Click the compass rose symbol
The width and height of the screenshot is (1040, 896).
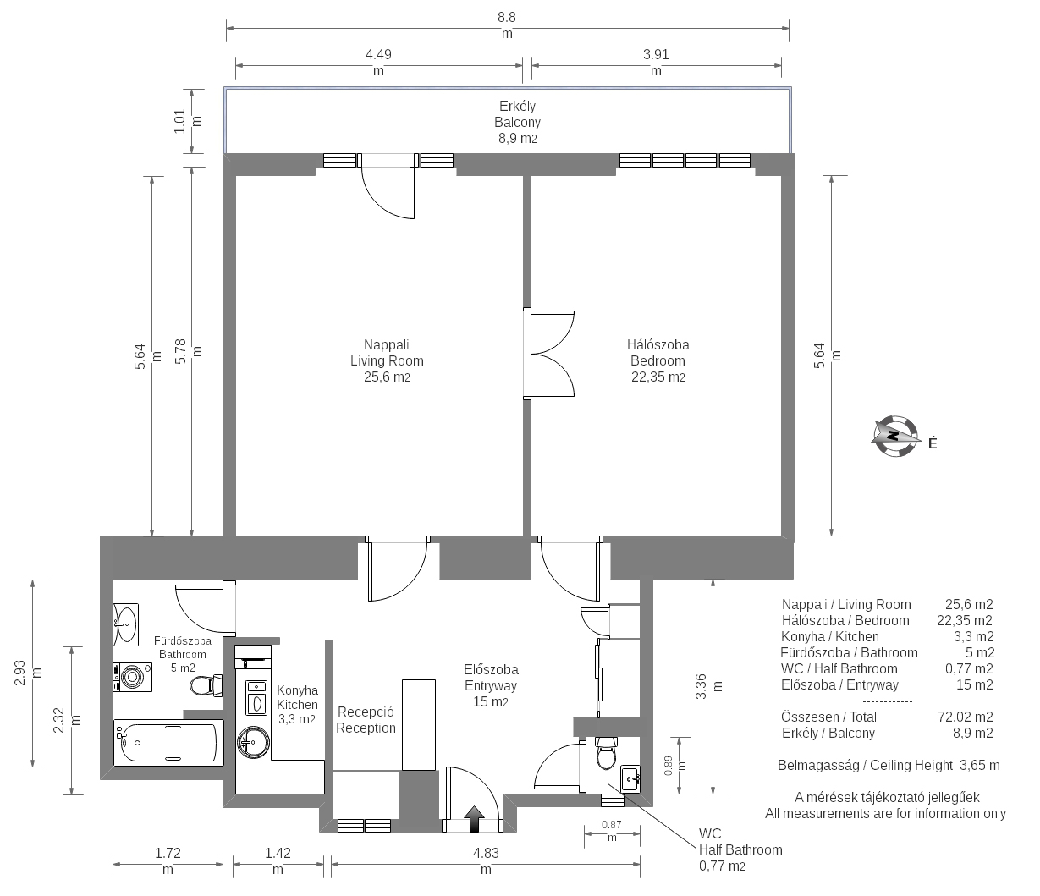[x=894, y=436]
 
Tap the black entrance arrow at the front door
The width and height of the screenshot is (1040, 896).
[x=474, y=818]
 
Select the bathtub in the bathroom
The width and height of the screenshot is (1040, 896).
[x=168, y=743]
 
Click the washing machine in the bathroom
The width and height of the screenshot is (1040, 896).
[x=132, y=677]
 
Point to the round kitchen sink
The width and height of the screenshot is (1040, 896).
[x=254, y=742]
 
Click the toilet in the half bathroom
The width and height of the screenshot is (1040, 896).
[x=606, y=753]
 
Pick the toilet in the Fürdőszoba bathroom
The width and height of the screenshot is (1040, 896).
[x=206, y=685]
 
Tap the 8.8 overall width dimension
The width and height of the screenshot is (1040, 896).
[x=507, y=25]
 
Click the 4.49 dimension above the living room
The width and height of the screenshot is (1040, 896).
[x=378, y=63]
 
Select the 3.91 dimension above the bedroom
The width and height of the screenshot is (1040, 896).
[x=656, y=63]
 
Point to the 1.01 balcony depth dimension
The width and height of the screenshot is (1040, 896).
[x=188, y=121]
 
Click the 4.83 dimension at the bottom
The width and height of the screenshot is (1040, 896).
[x=486, y=860]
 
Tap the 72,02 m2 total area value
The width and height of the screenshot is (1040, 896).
[x=965, y=717]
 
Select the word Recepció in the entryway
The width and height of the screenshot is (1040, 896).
[x=366, y=712]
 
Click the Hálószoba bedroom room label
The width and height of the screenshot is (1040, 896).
[x=658, y=344]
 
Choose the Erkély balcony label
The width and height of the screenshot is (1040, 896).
[x=517, y=106]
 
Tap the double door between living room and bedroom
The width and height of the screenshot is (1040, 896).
[x=549, y=354]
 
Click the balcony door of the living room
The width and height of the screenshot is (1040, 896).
[x=388, y=186]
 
